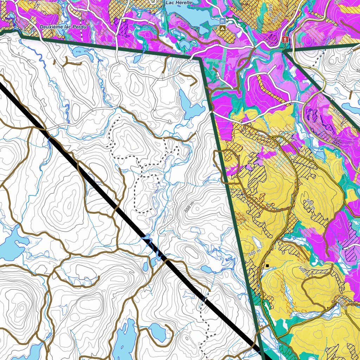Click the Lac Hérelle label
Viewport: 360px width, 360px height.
pos(179,2)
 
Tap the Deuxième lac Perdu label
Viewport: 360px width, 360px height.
pos(63,27)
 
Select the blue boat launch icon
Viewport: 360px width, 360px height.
pos(222,21)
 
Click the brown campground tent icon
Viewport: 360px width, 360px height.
pos(222,28)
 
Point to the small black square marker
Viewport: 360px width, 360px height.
pos(267,265)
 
